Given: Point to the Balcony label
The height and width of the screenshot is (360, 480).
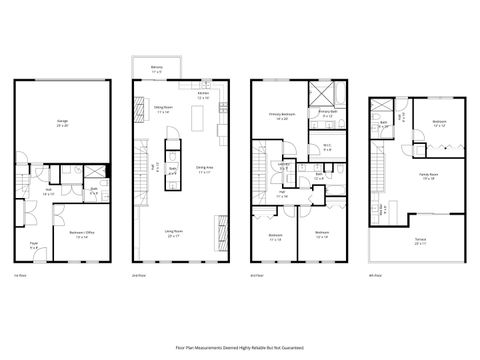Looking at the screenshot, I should pos(156,69).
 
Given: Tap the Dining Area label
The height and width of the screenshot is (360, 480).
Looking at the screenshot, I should pos(204,170).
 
